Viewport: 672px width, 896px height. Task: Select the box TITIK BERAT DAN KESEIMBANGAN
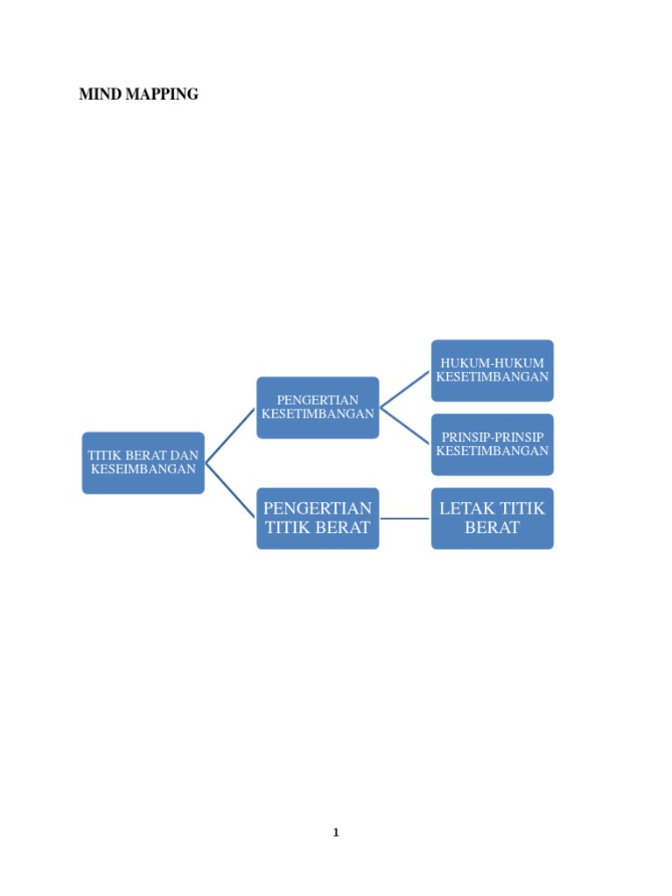[143, 463]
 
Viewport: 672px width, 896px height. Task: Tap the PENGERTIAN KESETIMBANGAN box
[318, 408]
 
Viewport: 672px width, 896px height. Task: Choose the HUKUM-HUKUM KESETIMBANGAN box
[492, 370]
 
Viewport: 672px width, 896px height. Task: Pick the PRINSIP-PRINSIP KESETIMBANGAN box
[492, 444]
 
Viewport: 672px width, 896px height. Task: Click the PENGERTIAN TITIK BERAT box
[318, 518]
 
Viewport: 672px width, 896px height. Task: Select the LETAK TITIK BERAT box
[492, 518]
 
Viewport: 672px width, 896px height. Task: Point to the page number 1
[336, 833]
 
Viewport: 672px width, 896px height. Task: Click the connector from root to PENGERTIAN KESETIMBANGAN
[230, 436]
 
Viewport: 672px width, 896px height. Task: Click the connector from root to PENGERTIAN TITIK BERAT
[230, 491]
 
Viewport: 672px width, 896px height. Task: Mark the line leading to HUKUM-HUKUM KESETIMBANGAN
[405, 389]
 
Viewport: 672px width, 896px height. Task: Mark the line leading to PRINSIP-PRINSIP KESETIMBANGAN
[405, 426]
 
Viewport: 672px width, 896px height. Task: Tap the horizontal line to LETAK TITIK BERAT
[405, 519]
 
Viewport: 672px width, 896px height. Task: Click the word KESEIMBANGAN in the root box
[143, 470]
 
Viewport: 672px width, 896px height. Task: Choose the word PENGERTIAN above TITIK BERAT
[318, 508]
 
